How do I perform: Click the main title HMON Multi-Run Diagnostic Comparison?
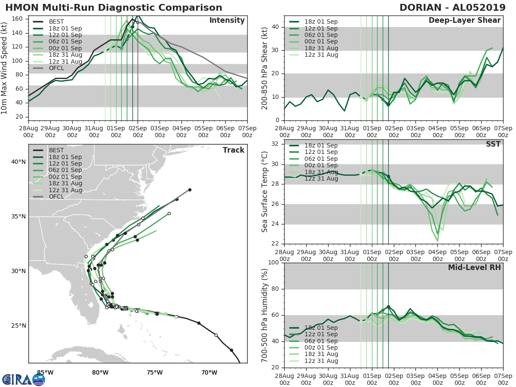click(114, 8)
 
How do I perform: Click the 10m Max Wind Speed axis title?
click(5, 68)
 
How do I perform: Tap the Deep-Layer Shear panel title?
click(464, 21)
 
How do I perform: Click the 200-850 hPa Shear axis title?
click(265, 68)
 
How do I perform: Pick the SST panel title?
click(493, 144)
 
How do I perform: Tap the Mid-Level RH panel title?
click(474, 267)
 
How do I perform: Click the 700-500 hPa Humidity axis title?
click(265, 315)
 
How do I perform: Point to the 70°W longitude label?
click(209, 372)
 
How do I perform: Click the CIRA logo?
click(23, 379)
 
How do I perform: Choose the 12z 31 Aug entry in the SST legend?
click(322, 178)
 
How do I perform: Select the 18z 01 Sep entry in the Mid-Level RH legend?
click(322, 328)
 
